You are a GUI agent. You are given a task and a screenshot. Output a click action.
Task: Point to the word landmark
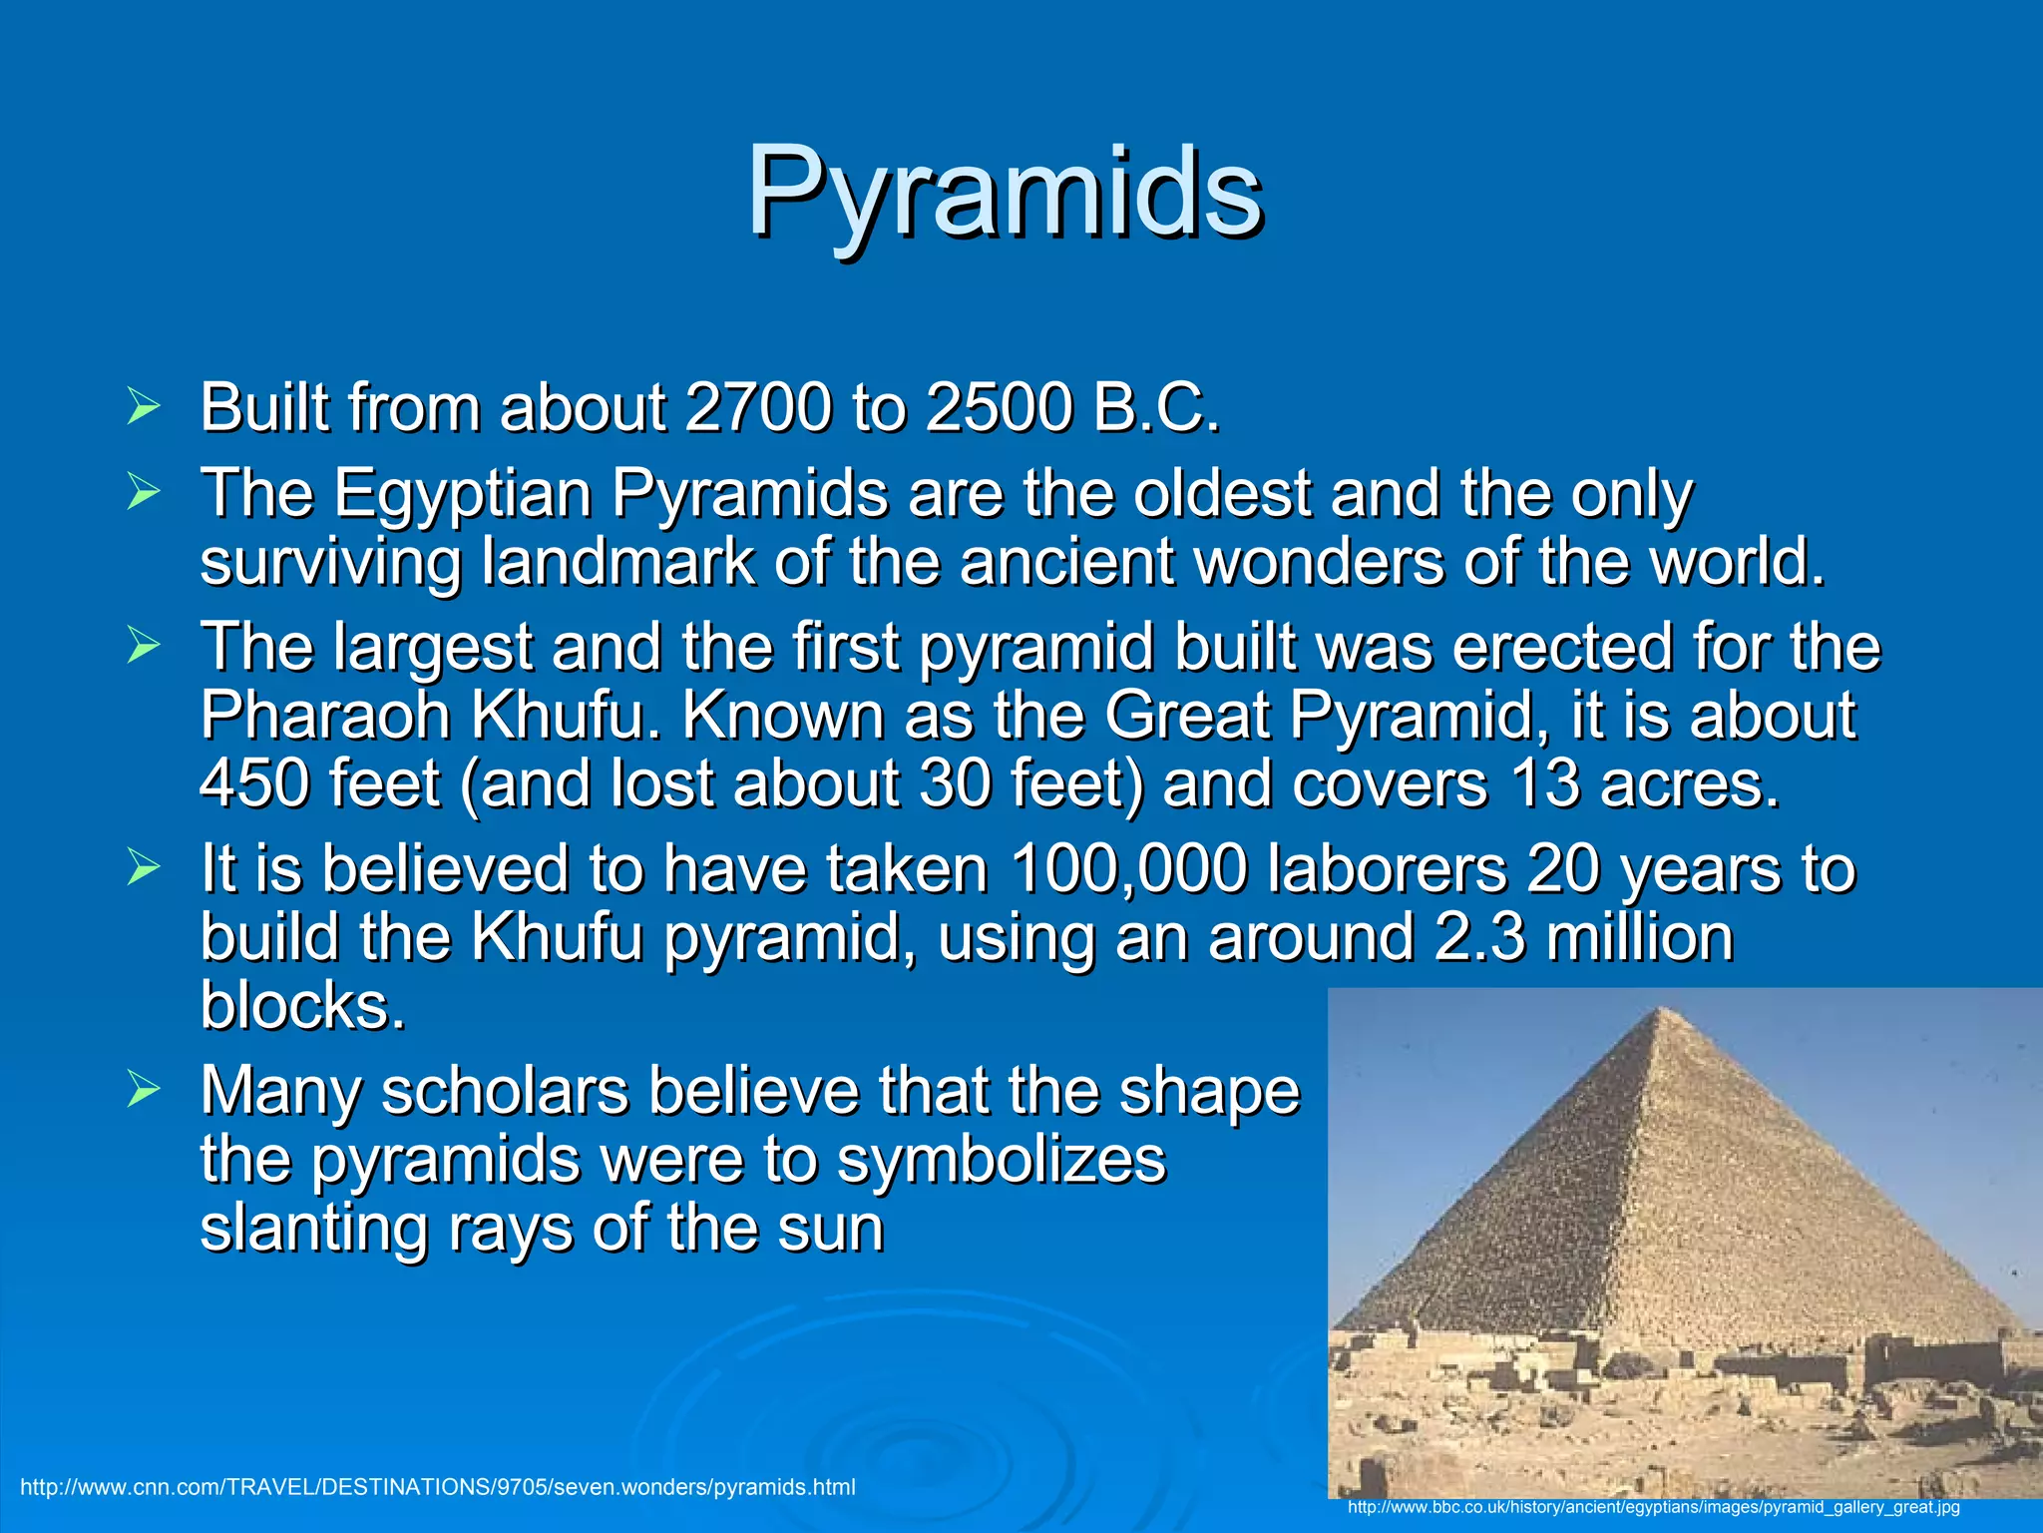pyautogui.click(x=616, y=561)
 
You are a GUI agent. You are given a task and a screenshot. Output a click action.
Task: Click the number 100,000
pyautogui.click(x=1127, y=868)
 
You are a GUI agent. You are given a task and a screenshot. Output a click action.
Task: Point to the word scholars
pyautogui.click(x=505, y=1090)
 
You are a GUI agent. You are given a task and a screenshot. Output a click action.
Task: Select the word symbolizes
pyautogui.click(x=1001, y=1160)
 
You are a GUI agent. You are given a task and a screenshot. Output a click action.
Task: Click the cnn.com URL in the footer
pyautogui.click(x=438, y=1487)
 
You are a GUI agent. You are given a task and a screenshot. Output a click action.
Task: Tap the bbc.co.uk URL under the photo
pyautogui.click(x=1653, y=1507)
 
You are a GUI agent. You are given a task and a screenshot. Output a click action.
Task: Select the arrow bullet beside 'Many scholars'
pyautogui.click(x=144, y=1090)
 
